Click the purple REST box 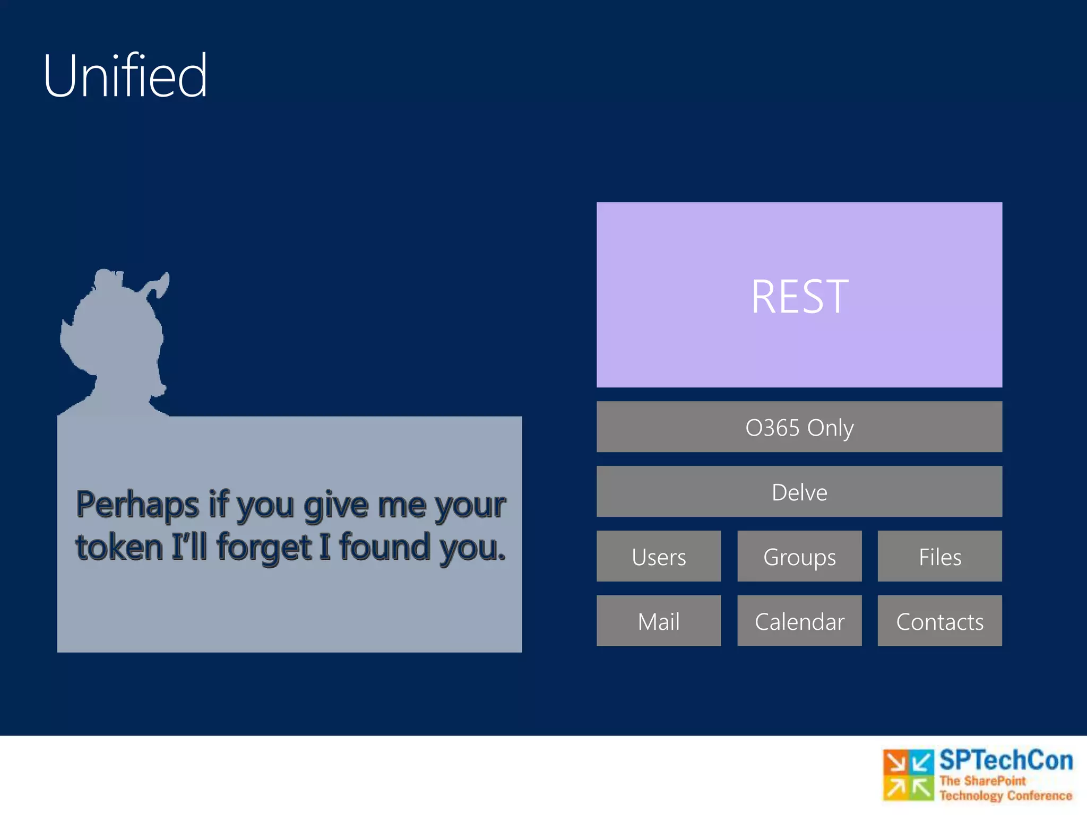point(799,295)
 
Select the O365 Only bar point(799,427)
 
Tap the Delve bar point(799,492)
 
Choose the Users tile point(658,557)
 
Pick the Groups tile point(799,557)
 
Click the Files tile point(939,557)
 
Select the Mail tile point(658,621)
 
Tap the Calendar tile point(799,621)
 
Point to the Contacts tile point(939,621)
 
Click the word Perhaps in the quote point(137,505)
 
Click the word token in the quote point(119,548)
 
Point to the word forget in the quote point(263,549)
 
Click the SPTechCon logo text point(1006,760)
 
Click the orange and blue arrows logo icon point(908,775)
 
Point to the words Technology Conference point(1006,795)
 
